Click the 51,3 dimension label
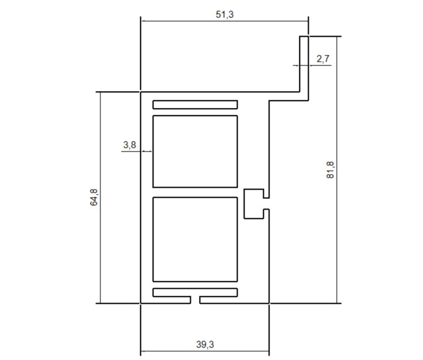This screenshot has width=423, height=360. tap(225, 14)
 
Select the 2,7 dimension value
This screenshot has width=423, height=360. tap(323, 59)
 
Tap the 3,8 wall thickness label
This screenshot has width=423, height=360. tap(130, 145)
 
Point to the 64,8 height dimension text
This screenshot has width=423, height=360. tap(94, 197)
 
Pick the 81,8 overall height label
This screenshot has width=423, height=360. tap(330, 170)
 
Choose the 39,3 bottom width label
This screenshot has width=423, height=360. tap(205, 344)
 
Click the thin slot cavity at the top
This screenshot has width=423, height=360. tap(195, 105)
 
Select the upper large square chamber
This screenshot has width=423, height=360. tap(195, 152)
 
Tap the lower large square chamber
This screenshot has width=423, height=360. tap(195, 240)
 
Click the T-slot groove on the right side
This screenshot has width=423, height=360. tap(253, 204)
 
